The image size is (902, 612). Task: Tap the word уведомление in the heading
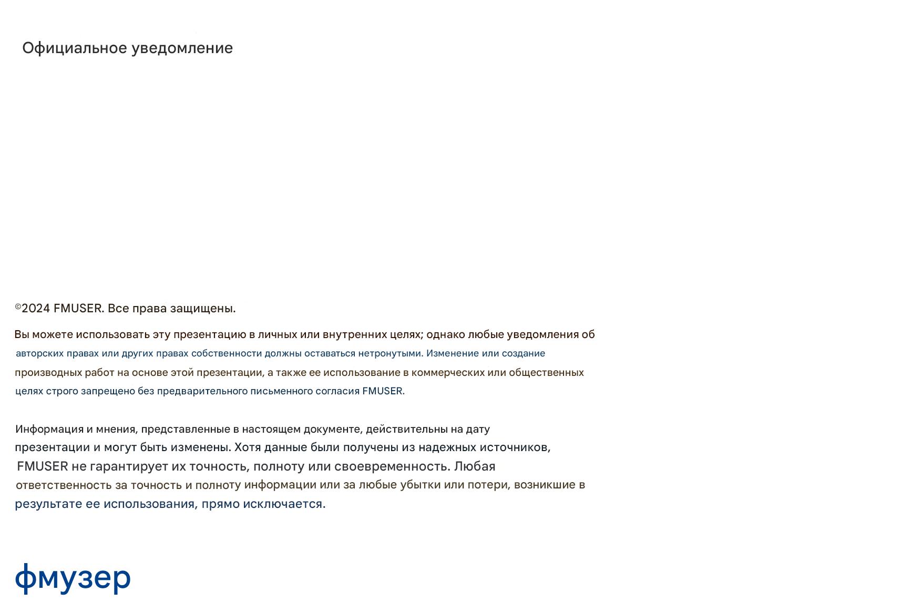[182, 48]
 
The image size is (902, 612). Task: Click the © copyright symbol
[18, 307]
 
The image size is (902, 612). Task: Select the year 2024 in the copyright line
[36, 309]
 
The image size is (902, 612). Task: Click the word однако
[445, 334]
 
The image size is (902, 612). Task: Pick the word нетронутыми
[390, 353]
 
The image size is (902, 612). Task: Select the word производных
[48, 372]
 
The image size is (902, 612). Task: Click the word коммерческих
[447, 372]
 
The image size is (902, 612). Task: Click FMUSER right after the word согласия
[383, 391]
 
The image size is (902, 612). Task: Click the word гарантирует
[128, 466]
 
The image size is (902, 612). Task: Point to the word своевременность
[392, 466]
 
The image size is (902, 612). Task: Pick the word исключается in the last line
[283, 504]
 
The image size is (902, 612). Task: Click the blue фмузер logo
[73, 578]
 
